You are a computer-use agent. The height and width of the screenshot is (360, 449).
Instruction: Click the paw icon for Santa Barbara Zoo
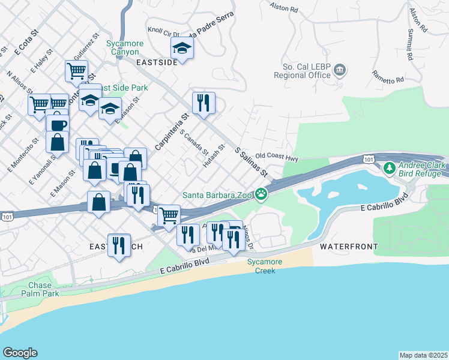(261, 194)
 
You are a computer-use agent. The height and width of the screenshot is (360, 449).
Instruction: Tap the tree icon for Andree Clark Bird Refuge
(390, 167)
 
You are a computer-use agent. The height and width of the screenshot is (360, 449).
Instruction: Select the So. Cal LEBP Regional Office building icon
(340, 70)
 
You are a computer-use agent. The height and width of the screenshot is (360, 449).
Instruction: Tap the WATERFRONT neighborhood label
(349, 247)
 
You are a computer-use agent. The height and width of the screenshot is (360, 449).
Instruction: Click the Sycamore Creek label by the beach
(262, 267)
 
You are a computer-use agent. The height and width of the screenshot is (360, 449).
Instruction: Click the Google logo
(20, 353)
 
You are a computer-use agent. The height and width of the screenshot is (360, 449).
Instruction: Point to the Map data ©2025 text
(423, 355)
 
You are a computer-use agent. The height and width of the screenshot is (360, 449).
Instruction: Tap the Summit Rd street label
(411, 44)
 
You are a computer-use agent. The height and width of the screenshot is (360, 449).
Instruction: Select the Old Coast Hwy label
(277, 156)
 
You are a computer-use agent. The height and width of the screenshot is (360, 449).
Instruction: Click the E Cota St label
(26, 44)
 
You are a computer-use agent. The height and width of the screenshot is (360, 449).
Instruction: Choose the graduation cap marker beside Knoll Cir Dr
(182, 47)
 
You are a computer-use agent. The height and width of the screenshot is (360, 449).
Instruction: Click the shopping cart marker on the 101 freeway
(169, 214)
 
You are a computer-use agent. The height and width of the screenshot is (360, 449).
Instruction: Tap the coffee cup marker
(58, 125)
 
